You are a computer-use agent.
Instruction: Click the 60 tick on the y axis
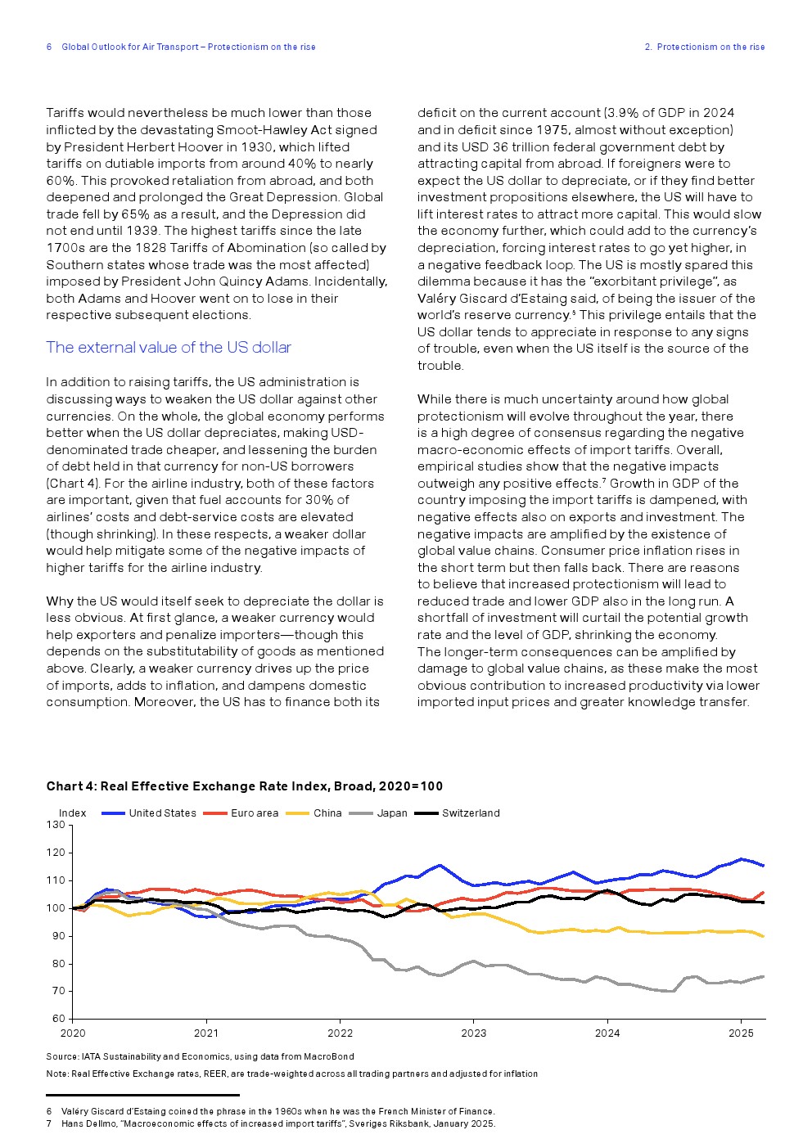click(58, 1019)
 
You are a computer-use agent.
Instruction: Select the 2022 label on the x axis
click(340, 1033)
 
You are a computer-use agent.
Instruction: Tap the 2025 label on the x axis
click(741, 1033)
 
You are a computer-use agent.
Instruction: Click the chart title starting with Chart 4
click(244, 786)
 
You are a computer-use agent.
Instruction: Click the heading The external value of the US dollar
click(169, 348)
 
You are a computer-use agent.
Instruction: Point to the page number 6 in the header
click(49, 47)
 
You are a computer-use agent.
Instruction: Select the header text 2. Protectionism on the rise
click(704, 47)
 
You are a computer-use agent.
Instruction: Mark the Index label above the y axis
click(73, 813)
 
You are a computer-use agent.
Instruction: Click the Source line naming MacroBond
click(200, 1056)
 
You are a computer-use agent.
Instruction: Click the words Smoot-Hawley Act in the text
click(267, 130)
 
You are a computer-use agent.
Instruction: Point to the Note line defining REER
click(291, 1074)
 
